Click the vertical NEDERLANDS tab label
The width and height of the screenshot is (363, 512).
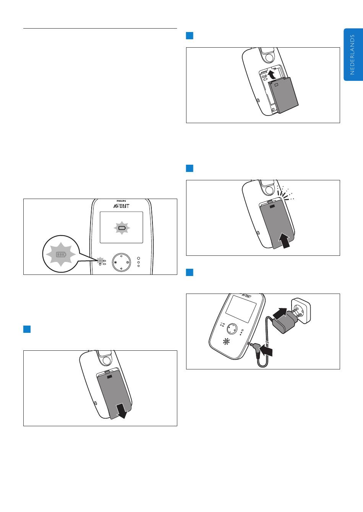coord(352,55)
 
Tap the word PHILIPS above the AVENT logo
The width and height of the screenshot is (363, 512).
coord(121,201)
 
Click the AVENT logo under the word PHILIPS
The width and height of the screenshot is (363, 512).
coord(121,206)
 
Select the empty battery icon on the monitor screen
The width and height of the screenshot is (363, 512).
coord(122,228)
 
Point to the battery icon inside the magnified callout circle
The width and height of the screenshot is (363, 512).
coord(61,254)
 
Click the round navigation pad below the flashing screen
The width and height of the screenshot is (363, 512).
coord(122,262)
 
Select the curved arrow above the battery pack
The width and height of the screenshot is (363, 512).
coord(272,74)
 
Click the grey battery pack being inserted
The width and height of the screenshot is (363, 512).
coord(284,95)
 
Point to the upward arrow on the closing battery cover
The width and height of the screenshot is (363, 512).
coord(284,240)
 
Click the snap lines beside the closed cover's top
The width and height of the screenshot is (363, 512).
coord(285,194)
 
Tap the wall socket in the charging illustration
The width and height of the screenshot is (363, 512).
coord(301,311)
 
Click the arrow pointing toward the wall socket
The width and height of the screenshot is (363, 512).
coord(280,313)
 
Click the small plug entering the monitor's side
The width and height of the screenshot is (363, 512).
coord(255,348)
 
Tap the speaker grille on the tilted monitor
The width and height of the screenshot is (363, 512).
coord(226,342)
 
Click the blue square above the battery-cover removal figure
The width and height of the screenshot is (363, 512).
coord(27,329)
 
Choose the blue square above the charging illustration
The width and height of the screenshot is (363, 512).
coord(190,273)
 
